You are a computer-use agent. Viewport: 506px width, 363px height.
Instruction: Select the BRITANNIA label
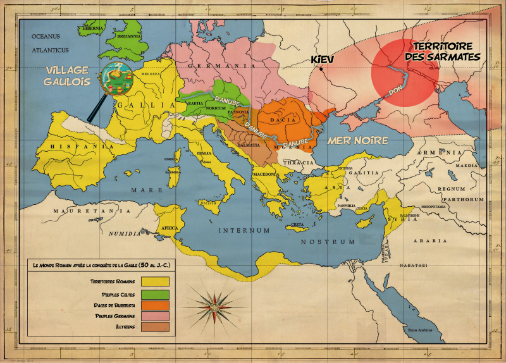pos(131,36)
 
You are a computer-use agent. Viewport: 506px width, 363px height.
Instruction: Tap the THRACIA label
pos(298,163)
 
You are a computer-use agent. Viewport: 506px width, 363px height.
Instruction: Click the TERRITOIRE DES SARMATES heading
pos(445,52)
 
